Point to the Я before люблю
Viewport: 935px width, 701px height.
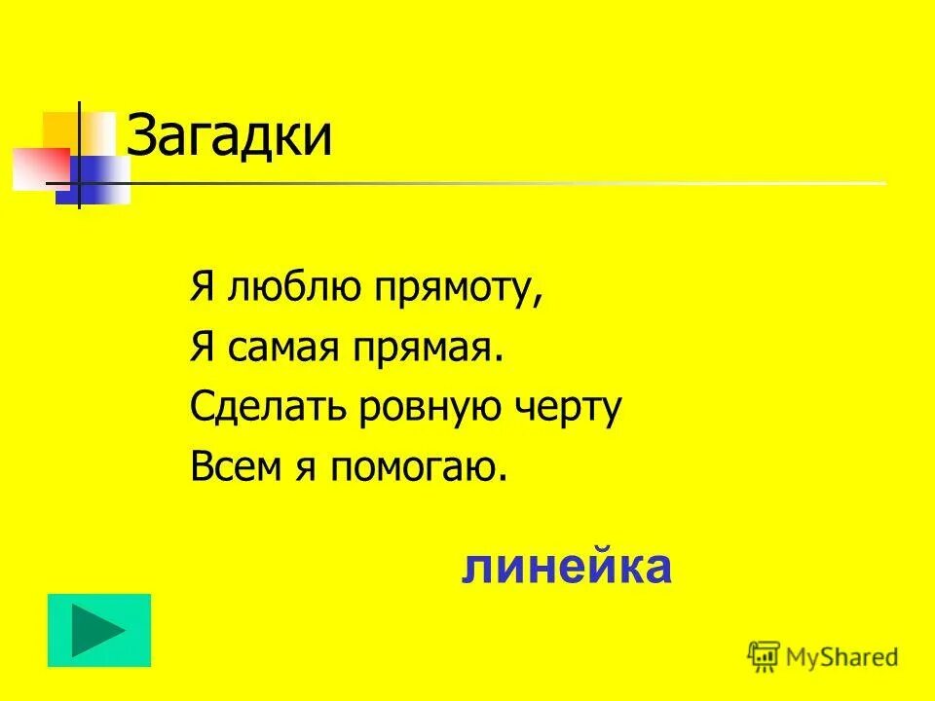203,290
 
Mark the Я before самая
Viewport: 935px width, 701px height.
203,349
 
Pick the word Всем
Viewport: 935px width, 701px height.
230,467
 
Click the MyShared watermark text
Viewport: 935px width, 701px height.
843,657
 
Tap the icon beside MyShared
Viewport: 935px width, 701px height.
764,657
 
